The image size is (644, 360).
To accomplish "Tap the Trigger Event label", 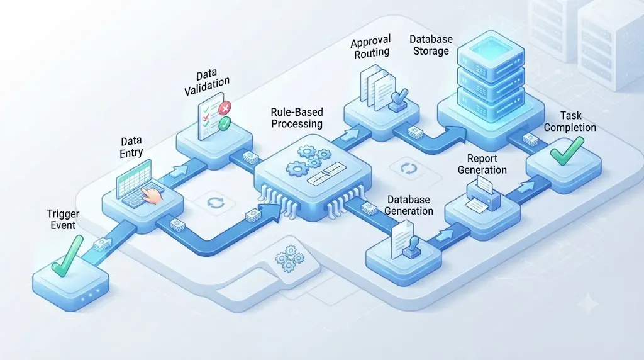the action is click(63, 220).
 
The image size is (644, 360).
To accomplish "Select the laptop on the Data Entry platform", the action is click(138, 185).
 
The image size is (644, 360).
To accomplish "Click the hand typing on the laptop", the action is click(152, 193).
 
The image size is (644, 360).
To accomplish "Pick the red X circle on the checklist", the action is click(225, 108).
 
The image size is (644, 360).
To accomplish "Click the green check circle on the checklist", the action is click(225, 123).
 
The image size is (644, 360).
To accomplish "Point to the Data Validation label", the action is click(206, 82).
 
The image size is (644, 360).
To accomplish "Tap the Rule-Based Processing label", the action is click(297, 118).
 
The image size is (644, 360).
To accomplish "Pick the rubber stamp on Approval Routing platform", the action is click(398, 101).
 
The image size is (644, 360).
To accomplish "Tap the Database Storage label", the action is click(431, 45).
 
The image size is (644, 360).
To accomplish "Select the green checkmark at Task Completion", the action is click(567, 150).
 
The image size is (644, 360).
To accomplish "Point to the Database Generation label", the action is click(408, 205).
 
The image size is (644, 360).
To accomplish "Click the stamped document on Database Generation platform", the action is click(405, 240).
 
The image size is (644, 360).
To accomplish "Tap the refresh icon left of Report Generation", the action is click(409, 168).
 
